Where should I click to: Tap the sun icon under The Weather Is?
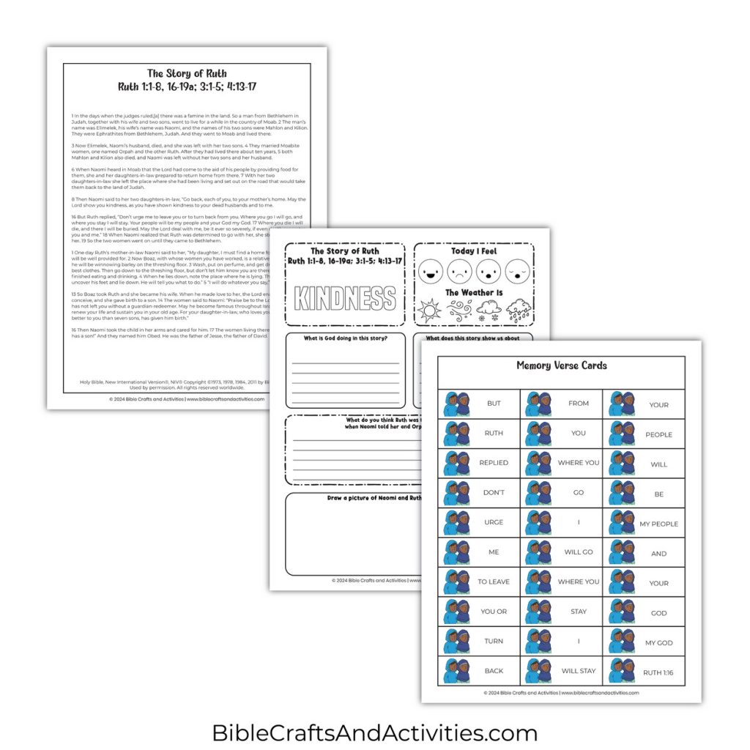point(427,313)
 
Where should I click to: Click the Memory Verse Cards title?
point(561,365)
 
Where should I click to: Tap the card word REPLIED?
point(494,463)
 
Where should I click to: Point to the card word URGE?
point(494,523)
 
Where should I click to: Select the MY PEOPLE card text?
point(658,524)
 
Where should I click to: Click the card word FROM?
point(578,404)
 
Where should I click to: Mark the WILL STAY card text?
point(578,671)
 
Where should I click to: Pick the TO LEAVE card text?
point(494,582)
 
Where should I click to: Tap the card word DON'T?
point(494,493)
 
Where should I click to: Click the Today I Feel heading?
point(473,251)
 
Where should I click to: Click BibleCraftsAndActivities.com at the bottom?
point(374,732)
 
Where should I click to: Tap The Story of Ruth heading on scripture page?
point(187,73)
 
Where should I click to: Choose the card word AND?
point(658,554)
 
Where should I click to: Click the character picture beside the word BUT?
point(456,404)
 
